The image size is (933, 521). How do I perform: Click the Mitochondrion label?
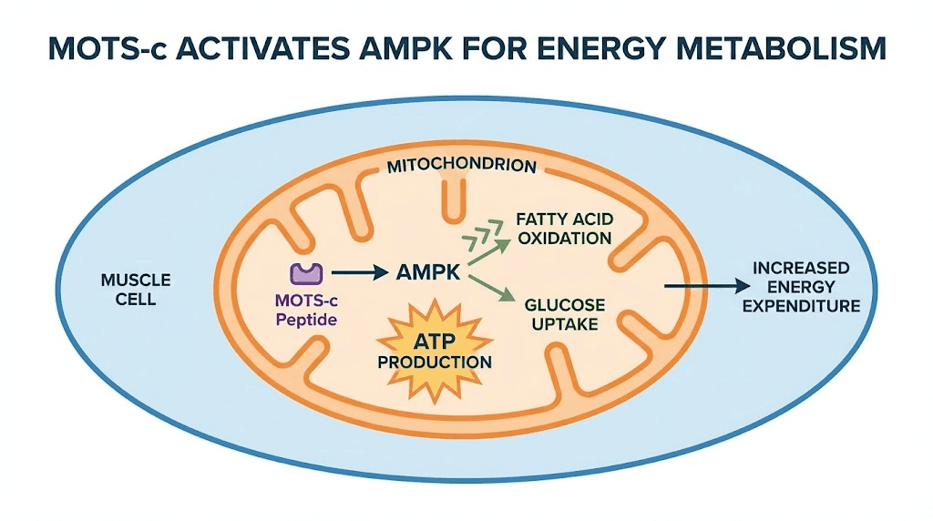[x=461, y=167]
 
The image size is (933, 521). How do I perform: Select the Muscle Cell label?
[x=135, y=290]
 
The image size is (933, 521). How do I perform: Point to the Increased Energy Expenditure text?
[x=801, y=287]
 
